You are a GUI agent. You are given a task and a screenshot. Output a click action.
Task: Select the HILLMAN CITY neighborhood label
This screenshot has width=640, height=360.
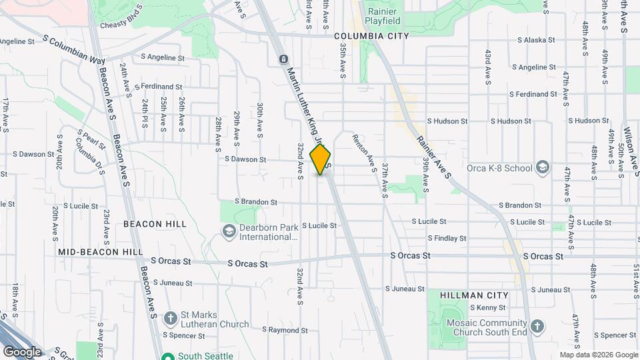tap(474, 295)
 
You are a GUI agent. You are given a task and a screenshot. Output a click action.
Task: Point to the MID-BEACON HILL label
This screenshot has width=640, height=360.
tap(100, 252)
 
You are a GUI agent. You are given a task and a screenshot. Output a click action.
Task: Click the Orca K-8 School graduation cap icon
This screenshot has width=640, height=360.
tap(543, 167)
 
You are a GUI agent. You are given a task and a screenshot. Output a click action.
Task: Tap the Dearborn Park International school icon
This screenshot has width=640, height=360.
tap(229, 231)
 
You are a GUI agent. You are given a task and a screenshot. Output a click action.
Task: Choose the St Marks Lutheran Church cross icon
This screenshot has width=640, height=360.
tap(171, 317)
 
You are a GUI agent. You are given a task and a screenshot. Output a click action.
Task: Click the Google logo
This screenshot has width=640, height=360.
tap(22, 351)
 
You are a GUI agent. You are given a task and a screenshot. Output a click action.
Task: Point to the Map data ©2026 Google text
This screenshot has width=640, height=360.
tap(597, 355)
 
